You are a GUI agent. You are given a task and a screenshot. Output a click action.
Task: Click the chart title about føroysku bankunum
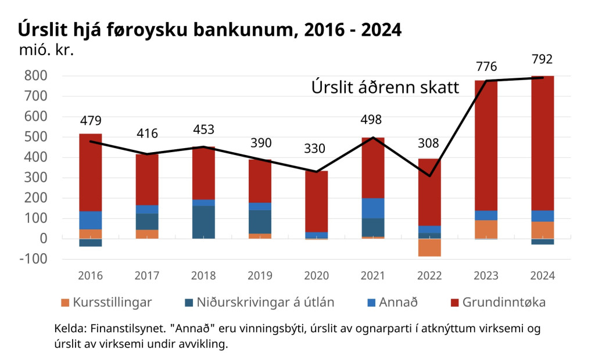tap(210, 30)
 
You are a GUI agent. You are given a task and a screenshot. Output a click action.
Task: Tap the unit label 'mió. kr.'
tap(46, 51)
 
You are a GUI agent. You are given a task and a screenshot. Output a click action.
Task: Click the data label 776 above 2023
tap(486, 66)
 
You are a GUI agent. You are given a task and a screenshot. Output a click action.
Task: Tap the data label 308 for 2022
tap(429, 144)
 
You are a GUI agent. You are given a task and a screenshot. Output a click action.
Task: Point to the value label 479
tap(91, 121)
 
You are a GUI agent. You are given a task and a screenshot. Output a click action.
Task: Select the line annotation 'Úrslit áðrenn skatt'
tap(385, 88)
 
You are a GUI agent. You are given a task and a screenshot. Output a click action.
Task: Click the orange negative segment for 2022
tap(429, 247)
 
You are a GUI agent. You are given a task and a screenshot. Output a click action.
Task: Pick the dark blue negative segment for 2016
tap(91, 243)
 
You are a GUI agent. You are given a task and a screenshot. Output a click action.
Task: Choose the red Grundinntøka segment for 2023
tap(486, 145)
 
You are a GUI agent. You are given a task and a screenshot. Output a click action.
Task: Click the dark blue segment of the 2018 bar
tap(203, 222)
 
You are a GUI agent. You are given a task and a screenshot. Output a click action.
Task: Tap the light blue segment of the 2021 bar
tap(373, 208)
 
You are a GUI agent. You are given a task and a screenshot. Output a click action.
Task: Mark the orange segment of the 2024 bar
tap(543, 230)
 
